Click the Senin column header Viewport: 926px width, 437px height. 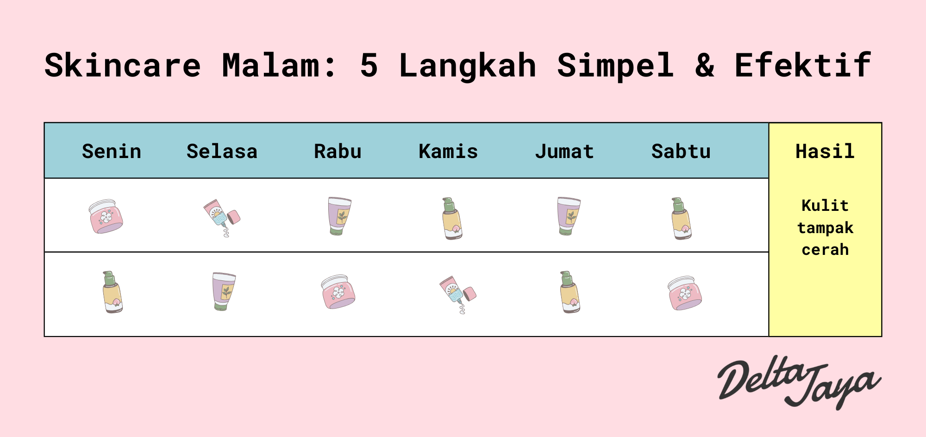(112, 152)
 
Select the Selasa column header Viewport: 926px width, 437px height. (222, 152)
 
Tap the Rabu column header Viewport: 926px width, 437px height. (338, 152)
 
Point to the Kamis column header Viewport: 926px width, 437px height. (448, 152)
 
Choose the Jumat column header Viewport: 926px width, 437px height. (564, 152)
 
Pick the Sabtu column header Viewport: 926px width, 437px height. (681, 152)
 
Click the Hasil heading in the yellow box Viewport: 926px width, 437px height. (825, 152)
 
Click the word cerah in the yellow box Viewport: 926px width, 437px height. (825, 250)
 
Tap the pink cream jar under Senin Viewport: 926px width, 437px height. (106, 216)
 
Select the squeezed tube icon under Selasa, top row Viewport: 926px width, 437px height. (221, 217)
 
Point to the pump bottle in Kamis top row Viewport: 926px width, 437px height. (452, 218)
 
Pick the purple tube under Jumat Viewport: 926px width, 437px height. (569, 216)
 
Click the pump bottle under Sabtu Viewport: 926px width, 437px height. (681, 218)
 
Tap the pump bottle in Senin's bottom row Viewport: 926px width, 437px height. (112, 292)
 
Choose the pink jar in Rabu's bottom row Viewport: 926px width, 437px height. (338, 292)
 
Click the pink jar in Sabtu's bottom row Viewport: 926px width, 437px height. (685, 293)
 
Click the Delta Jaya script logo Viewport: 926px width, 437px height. (798, 383)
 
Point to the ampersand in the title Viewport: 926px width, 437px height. (704, 65)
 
